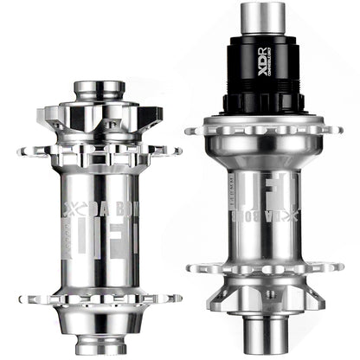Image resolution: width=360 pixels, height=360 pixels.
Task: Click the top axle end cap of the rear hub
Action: pos(265,15)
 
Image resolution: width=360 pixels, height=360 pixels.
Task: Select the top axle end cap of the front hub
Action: pos(100,90)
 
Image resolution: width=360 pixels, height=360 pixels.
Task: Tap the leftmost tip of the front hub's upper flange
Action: pos(22,152)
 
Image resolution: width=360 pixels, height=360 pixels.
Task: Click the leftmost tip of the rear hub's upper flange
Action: pos(190,129)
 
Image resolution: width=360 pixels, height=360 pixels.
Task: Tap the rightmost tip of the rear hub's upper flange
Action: pos(340,128)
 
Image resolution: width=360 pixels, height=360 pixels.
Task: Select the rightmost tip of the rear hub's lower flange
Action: pos(340,268)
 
